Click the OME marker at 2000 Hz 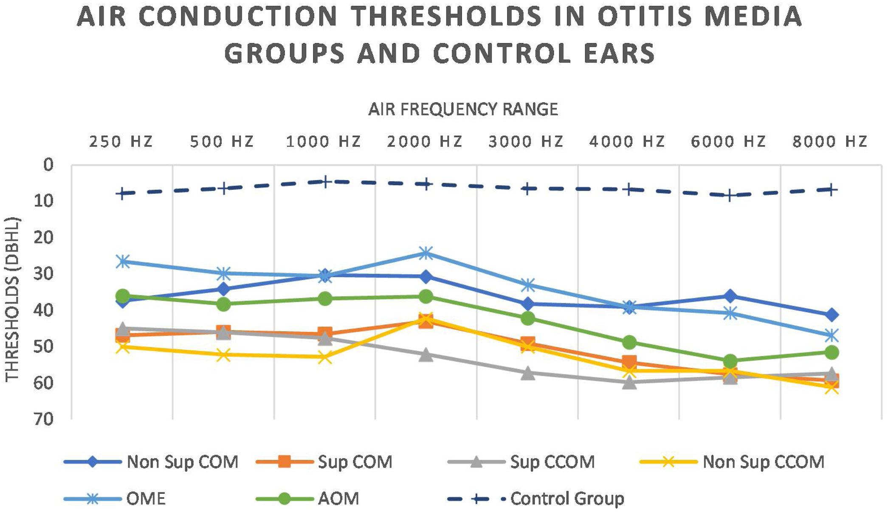click(x=426, y=253)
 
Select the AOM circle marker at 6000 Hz click(x=730, y=361)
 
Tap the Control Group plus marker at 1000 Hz click(x=325, y=182)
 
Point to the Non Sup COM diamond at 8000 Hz click(x=831, y=315)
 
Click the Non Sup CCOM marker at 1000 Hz click(x=325, y=357)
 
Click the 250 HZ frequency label click(x=121, y=141)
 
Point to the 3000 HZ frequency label click(x=526, y=141)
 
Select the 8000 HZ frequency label click(x=830, y=141)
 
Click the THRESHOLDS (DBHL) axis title click(x=13, y=299)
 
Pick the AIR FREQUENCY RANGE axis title click(x=463, y=110)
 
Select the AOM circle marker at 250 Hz click(x=123, y=295)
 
